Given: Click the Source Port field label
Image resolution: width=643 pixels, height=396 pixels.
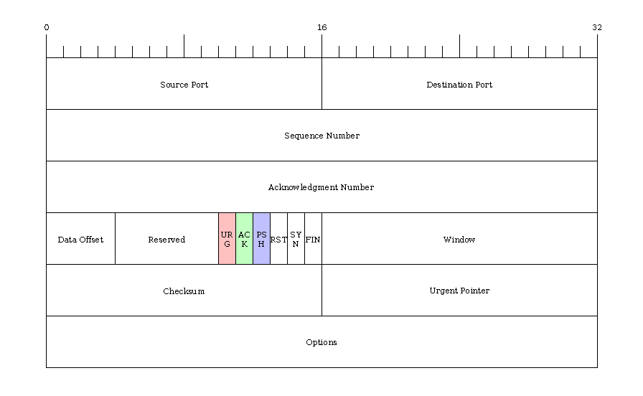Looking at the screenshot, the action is [184, 85].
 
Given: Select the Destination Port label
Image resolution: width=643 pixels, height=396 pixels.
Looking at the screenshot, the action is [459, 85].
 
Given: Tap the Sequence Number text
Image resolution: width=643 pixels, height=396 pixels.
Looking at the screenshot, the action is [322, 136].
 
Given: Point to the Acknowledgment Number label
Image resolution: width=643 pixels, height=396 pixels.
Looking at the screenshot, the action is [321, 187].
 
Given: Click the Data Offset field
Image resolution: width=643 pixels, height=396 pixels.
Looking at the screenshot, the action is [81, 239].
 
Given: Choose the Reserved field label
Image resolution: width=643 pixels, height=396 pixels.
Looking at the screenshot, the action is [166, 240].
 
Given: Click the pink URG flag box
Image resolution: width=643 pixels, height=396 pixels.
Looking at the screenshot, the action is [227, 239].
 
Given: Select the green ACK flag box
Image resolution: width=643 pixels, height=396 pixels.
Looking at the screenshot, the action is [245, 239].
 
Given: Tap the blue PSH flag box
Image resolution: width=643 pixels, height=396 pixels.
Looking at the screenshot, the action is [262, 239].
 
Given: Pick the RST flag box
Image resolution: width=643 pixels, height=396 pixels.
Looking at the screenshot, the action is [279, 239].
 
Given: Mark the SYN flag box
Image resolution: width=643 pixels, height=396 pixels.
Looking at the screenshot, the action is [296, 239].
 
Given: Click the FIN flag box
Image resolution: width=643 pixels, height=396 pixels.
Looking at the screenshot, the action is [314, 239].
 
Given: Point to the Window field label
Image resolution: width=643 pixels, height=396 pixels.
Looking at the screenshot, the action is [459, 240].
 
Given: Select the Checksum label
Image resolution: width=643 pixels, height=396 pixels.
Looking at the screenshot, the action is [184, 291].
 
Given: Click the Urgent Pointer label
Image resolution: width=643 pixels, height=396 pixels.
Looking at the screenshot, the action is [459, 291].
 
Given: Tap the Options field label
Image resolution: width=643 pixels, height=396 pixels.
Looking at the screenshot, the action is [321, 342].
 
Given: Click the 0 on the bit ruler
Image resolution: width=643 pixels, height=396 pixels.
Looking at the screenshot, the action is [47, 27].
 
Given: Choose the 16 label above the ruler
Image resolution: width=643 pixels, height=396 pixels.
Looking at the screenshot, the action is [322, 27].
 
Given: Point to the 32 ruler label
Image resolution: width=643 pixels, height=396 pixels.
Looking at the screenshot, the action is [597, 27].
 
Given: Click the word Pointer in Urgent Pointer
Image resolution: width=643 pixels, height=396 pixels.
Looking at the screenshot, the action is [474, 291].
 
